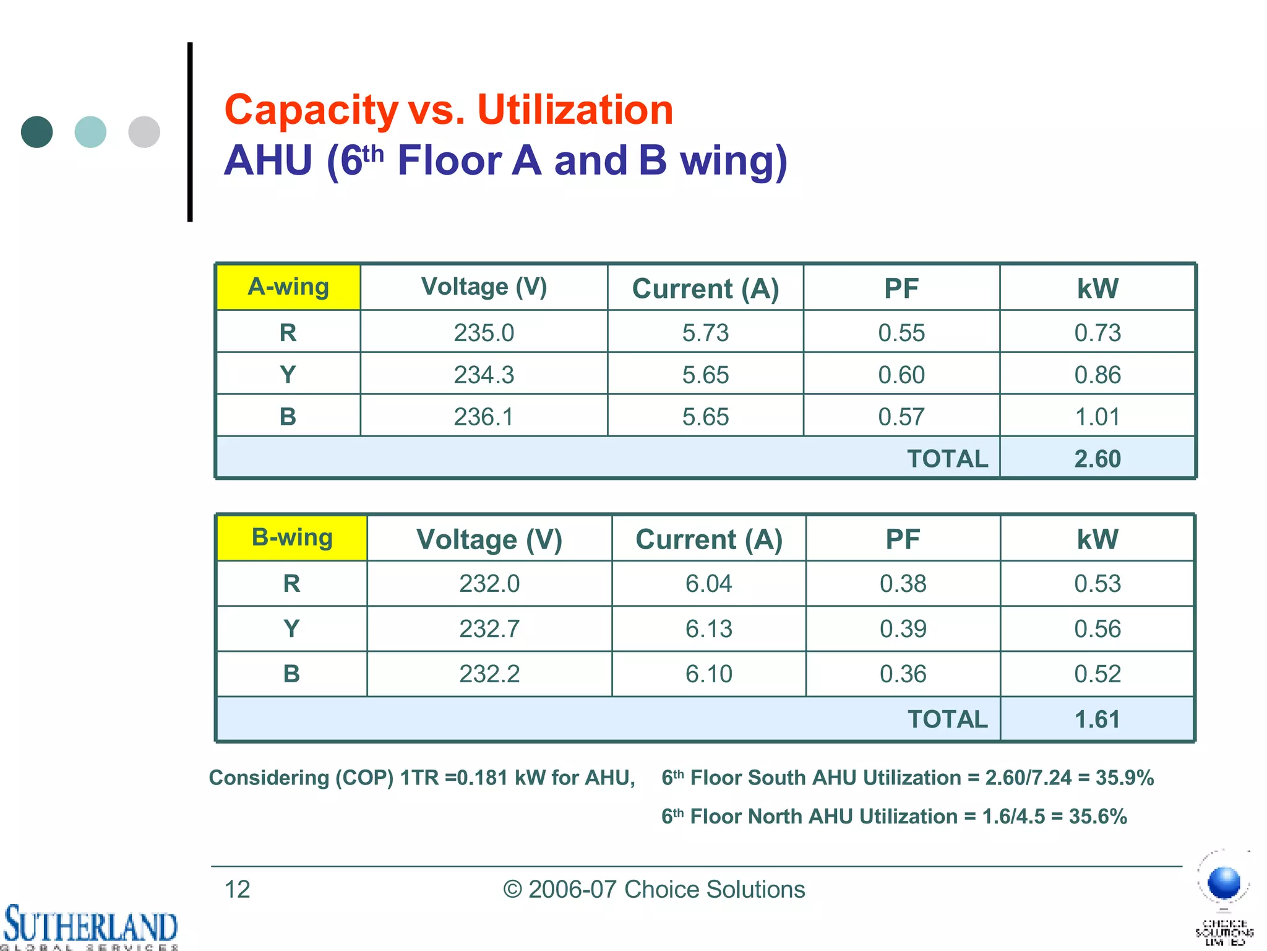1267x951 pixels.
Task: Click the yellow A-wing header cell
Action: [x=288, y=287]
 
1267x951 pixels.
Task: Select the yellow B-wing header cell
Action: [x=292, y=538]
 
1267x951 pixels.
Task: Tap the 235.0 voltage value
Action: [x=484, y=333]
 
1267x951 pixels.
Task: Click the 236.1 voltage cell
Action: [x=484, y=417]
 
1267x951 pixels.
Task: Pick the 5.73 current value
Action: [x=705, y=333]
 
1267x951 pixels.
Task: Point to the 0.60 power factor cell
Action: [x=901, y=375]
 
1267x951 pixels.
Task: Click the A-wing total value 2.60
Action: [x=1097, y=459]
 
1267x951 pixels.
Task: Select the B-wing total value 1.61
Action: [x=1097, y=719]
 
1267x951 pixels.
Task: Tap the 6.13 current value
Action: [x=709, y=629]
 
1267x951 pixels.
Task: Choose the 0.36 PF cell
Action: [x=903, y=674]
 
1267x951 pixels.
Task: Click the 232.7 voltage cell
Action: [x=489, y=629]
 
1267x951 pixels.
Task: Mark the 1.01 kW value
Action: [x=1097, y=417]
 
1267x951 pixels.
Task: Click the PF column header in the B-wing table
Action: [x=903, y=539]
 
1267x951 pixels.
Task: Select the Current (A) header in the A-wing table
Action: [x=705, y=289]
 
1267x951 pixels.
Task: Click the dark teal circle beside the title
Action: [x=37, y=132]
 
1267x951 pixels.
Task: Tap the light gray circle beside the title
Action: [x=144, y=132]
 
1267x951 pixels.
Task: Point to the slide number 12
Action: [x=237, y=890]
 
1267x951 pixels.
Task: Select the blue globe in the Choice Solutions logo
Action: [x=1224, y=882]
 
